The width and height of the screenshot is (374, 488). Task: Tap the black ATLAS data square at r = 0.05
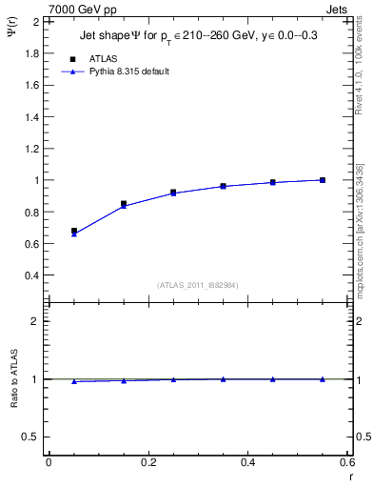point(74,231)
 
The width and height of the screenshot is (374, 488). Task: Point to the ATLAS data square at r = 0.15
point(124,203)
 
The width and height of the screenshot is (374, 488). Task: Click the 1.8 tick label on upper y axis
point(32,52)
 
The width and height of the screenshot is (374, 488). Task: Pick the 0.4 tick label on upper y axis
point(32,275)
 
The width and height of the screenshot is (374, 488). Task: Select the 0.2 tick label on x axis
point(148,462)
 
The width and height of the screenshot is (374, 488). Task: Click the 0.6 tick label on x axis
point(347,462)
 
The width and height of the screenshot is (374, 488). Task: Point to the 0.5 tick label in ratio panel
point(32,437)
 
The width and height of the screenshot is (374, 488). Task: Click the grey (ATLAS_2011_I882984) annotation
point(197,285)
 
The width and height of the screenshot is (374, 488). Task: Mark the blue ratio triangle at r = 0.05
point(74,381)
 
